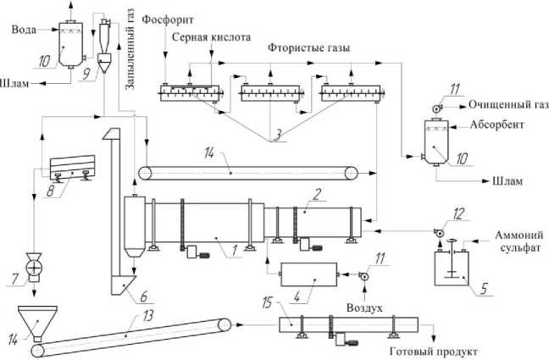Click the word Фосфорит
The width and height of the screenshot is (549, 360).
[x=168, y=20]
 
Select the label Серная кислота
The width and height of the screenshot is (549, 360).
[x=212, y=37]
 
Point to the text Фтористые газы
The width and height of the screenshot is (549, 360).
[x=308, y=47]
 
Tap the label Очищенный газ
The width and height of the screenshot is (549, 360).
[x=508, y=105]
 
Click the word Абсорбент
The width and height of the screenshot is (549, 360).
[x=496, y=125]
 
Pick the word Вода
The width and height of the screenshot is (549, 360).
[x=24, y=30]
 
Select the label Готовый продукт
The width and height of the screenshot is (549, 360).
[x=434, y=351]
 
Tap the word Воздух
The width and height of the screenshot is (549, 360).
[x=364, y=307]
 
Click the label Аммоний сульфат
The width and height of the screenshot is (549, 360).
[x=518, y=241]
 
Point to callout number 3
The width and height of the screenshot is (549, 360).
[x=277, y=135]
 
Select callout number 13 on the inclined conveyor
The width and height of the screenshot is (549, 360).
[x=148, y=316]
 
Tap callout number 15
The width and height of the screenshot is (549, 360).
[x=267, y=303]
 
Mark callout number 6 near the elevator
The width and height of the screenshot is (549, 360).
[x=144, y=297]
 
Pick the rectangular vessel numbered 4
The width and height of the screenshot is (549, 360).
[x=308, y=274]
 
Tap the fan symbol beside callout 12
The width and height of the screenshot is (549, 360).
[x=438, y=232]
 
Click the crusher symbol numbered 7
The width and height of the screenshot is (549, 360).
[x=34, y=269]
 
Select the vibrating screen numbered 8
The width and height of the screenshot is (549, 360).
[x=72, y=167]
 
